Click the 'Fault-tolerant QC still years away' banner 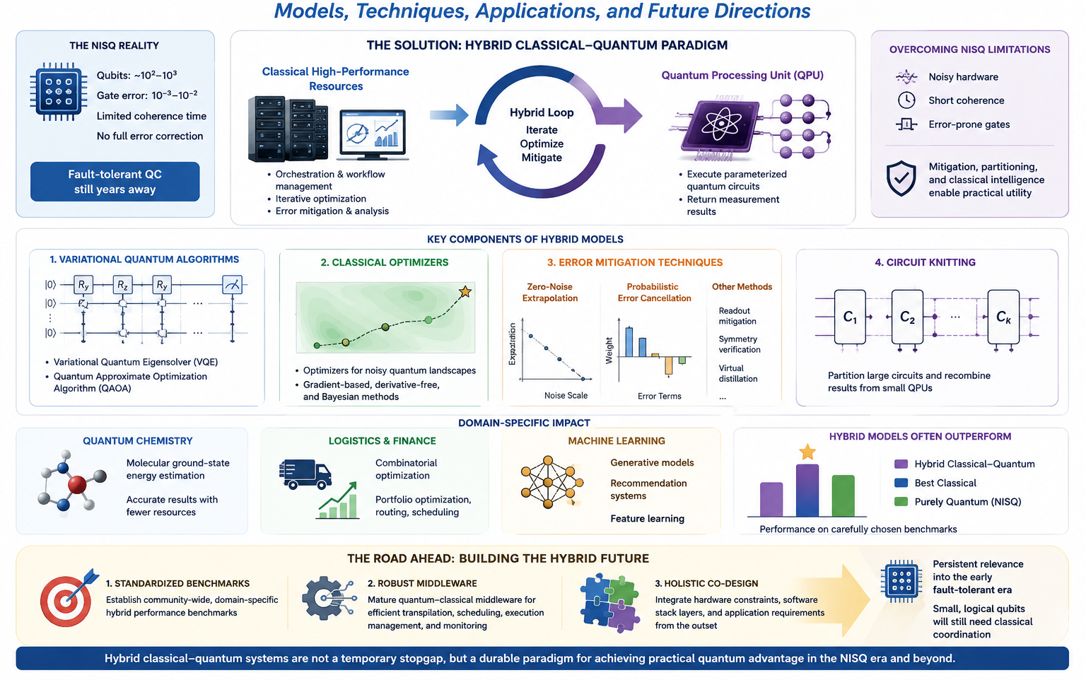[115, 182]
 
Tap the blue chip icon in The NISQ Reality [59, 92]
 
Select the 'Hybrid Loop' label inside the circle [542, 112]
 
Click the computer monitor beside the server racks [373, 135]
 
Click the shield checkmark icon [901, 178]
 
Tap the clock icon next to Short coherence [906, 100]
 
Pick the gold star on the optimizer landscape [465, 291]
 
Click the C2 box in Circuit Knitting [907, 317]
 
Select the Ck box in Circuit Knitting [1003, 317]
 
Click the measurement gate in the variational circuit [232, 284]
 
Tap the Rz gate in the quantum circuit [122, 284]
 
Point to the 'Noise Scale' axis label [566, 396]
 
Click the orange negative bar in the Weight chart [669, 365]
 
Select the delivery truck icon [305, 474]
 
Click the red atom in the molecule [77, 484]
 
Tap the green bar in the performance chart [843, 496]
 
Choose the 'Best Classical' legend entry [935, 483]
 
